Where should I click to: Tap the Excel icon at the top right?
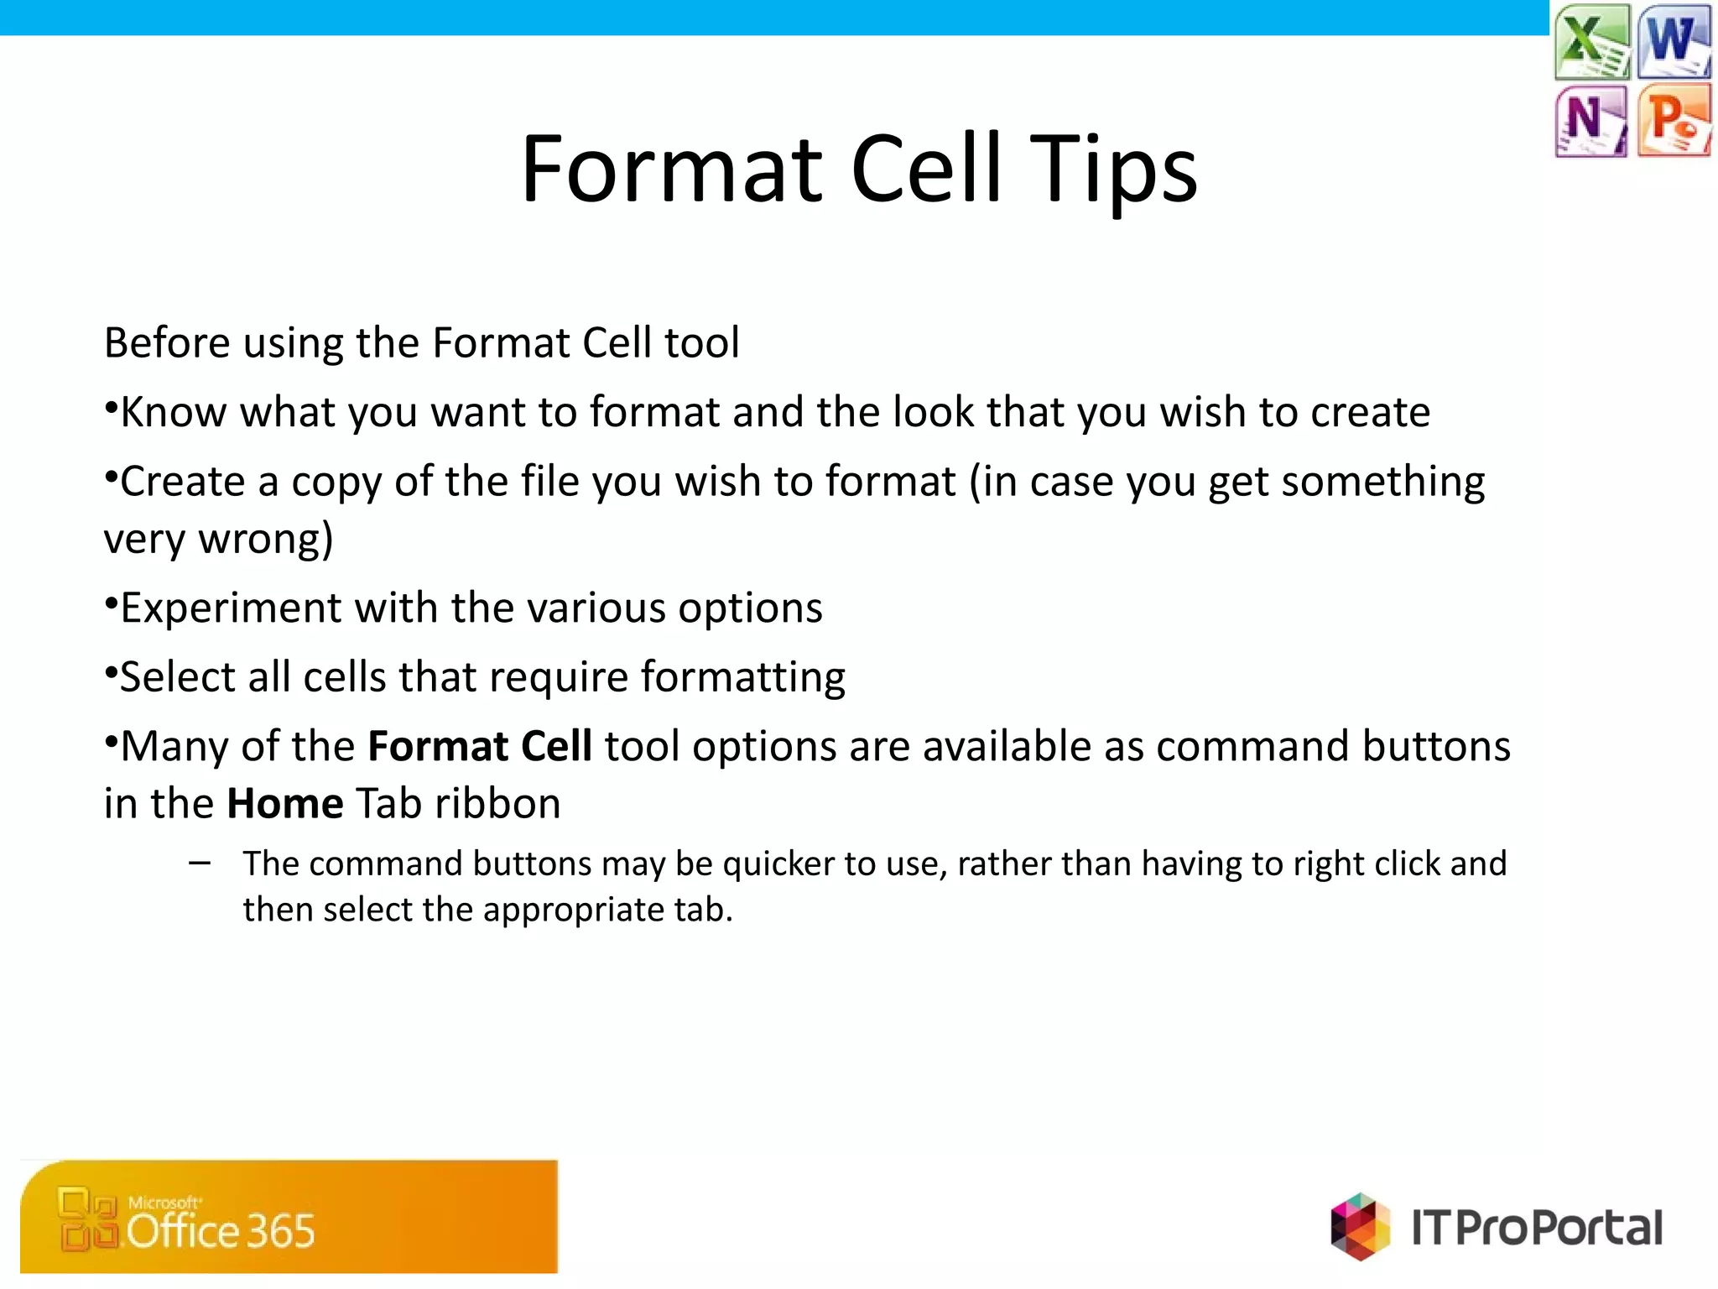pos(1591,41)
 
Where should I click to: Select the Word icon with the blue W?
pos(1674,41)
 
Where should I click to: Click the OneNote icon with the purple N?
pos(1590,121)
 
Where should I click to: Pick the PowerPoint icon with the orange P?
pos(1674,121)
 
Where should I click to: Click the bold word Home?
pos(284,803)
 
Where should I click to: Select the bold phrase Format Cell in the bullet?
pos(480,746)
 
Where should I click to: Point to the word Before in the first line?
pos(167,342)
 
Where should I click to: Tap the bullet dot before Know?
pos(110,406)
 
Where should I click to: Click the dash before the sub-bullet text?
pos(200,863)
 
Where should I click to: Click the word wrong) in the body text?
pos(265,539)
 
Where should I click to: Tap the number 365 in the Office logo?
pos(280,1231)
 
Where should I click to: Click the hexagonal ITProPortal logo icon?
pos(1359,1226)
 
